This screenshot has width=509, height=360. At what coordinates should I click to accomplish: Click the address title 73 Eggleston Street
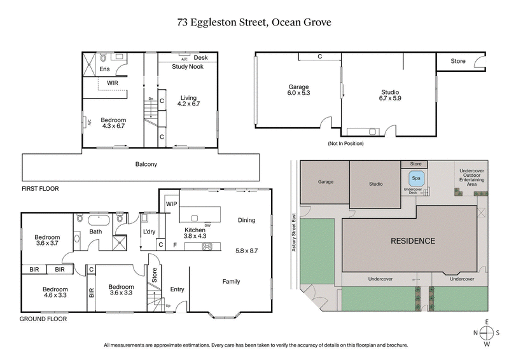(254, 22)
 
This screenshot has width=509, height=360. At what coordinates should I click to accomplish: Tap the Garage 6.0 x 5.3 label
(298, 90)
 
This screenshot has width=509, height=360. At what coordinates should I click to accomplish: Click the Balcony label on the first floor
(146, 164)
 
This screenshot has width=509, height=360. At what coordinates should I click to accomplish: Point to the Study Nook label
(188, 66)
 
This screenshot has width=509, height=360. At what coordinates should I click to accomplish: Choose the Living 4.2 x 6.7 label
(188, 100)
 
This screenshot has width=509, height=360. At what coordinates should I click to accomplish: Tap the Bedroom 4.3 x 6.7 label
(114, 123)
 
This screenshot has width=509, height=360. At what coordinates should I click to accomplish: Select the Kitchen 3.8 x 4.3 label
(196, 233)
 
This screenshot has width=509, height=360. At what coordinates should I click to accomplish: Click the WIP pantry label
(171, 204)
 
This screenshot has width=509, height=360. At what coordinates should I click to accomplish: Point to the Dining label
(246, 220)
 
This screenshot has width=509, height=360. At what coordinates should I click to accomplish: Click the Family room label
(231, 281)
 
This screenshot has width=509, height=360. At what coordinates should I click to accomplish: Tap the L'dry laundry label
(150, 231)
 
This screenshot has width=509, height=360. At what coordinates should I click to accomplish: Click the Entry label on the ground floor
(177, 289)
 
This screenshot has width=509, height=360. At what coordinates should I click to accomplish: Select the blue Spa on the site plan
(416, 178)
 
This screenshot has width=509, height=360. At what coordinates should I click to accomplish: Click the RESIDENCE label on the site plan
(413, 241)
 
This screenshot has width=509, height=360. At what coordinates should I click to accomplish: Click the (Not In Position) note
(345, 143)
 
